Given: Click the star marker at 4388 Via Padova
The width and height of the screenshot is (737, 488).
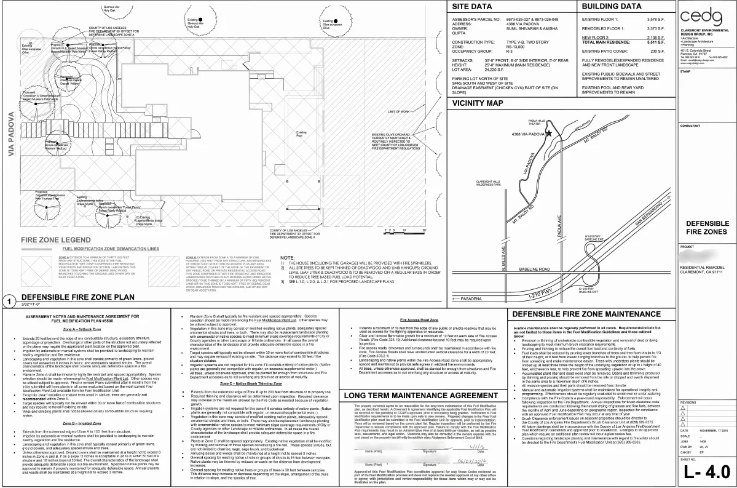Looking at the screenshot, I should coord(549,132).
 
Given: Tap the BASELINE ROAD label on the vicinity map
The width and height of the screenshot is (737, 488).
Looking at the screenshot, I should coord(524,269).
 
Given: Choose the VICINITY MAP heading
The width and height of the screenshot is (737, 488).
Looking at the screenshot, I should coord(477,103).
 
